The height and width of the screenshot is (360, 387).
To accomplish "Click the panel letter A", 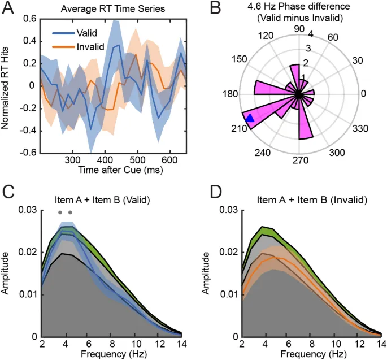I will [x=8, y=7].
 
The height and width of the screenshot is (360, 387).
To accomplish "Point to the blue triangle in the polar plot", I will [x=250, y=118].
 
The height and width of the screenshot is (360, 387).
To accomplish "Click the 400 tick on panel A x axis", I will [x=105, y=161].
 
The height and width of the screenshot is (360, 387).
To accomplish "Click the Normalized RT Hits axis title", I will [x=7, y=86].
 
